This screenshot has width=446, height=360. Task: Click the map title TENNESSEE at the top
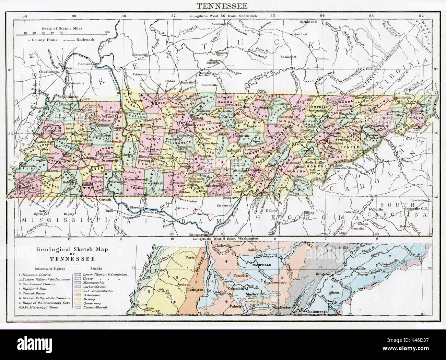click(x=223, y=5)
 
